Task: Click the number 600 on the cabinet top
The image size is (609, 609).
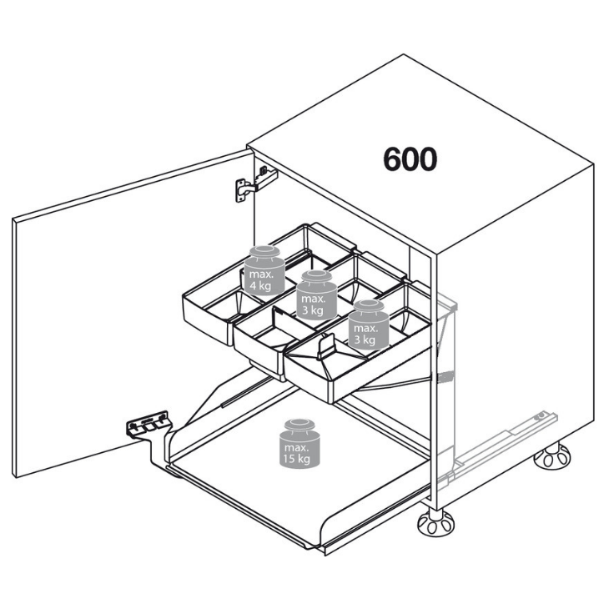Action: click(410, 159)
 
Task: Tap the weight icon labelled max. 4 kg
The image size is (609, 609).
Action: click(264, 270)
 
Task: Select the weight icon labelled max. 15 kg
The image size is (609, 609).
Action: click(299, 443)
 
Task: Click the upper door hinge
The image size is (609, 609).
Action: click(256, 184)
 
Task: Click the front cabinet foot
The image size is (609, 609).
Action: click(435, 521)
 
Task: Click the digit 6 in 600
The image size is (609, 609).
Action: click(392, 159)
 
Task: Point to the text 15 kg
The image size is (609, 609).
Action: click(297, 459)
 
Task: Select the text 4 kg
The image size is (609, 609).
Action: click(260, 286)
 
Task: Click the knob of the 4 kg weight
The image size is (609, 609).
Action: click(265, 251)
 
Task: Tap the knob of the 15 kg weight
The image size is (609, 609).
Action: click(299, 424)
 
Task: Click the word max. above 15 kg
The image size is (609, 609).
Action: click(297, 448)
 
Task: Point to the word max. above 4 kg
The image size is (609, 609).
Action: click(261, 274)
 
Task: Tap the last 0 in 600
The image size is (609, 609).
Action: click(428, 159)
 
